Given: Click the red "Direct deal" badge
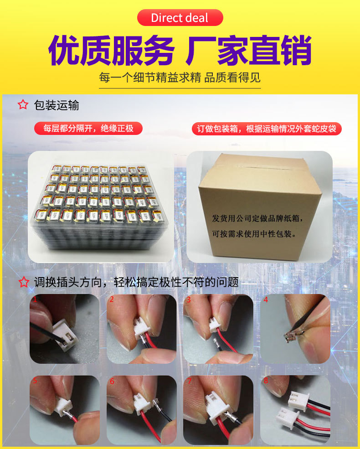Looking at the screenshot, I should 180,18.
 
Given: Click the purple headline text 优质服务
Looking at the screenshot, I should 111,50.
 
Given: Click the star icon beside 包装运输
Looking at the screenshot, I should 23,105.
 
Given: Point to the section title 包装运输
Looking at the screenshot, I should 57,105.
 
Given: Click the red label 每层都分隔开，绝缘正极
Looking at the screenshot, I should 88,129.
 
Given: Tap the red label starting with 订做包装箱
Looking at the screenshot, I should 267,129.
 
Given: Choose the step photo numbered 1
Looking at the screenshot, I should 64,329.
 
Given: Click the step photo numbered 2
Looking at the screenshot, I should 141,329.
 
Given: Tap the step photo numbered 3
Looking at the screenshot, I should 218,329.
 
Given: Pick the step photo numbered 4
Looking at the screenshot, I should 295,329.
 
